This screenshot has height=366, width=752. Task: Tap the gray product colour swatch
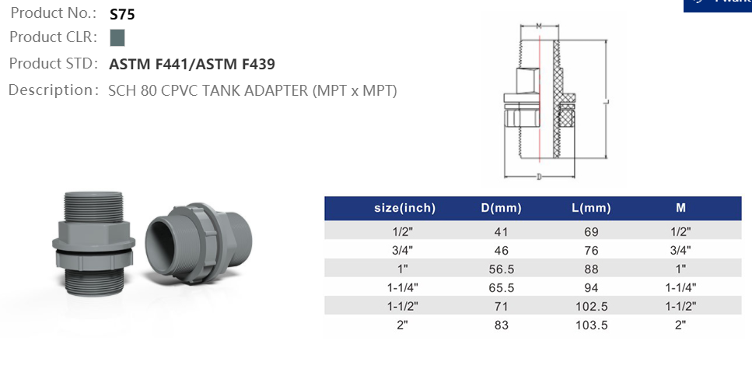click(117, 37)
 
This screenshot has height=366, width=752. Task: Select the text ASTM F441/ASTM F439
click(192, 64)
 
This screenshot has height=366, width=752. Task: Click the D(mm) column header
click(501, 208)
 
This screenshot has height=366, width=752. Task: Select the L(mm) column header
click(591, 208)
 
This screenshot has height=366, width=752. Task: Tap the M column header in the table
click(681, 208)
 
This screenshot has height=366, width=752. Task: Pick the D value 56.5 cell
click(501, 269)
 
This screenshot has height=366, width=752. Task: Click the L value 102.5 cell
click(591, 306)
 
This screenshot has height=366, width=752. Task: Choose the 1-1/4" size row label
click(404, 287)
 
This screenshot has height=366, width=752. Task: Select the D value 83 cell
click(501, 325)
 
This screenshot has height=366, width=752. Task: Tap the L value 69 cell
click(591, 231)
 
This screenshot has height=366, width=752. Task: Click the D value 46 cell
click(501, 250)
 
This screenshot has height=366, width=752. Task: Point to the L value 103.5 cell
click(591, 325)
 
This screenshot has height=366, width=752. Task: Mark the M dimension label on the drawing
click(539, 26)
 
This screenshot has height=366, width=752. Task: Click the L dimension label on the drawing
click(605, 101)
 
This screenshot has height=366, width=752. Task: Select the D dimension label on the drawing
click(539, 176)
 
